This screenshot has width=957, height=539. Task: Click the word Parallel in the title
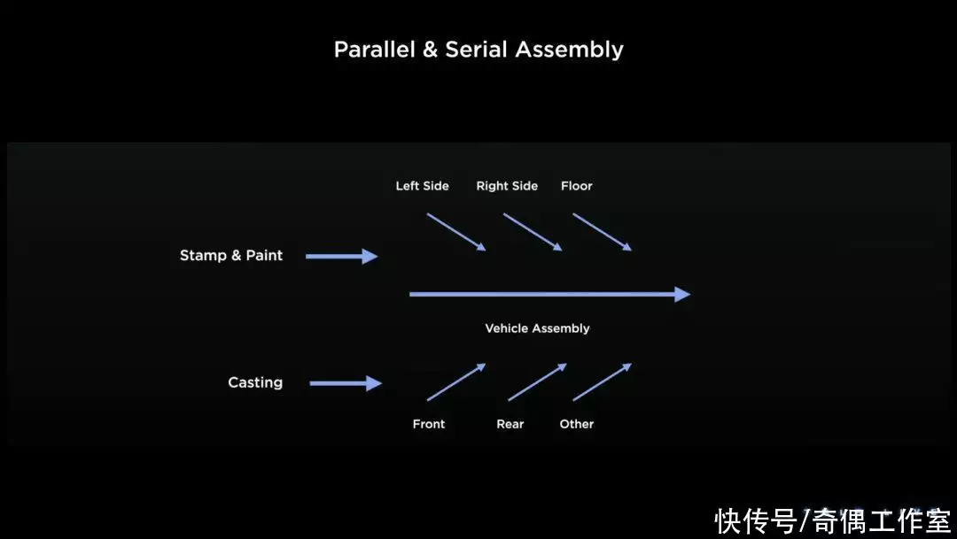374,50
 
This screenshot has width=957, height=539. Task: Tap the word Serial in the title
476,50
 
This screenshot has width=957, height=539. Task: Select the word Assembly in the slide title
570,50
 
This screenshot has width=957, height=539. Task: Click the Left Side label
423,186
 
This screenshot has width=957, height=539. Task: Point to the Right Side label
507,186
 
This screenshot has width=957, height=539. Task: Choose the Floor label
577,186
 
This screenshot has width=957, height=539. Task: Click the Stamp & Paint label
231,256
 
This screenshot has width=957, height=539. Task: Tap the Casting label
255,383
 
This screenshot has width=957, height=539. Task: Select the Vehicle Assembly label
537,328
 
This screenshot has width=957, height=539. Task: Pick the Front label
429,424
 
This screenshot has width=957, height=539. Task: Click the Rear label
510,424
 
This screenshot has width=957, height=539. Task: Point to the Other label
577,424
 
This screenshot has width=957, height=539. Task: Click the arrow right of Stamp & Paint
342,256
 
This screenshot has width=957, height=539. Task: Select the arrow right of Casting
346,383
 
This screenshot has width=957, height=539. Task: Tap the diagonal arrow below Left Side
456,232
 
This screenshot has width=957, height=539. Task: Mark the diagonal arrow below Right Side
533,232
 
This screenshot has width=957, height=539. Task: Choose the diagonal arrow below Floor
603,232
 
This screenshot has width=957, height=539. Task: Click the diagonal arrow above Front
456,381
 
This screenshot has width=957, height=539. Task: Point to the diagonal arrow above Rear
538,381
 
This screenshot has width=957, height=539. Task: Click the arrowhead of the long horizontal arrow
682,295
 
